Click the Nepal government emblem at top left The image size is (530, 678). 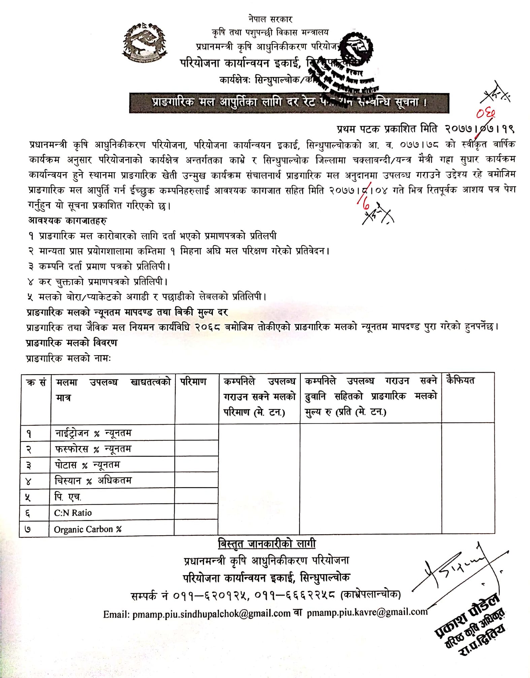pyautogui.click(x=145, y=42)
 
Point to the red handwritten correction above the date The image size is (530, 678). pyautogui.click(x=485, y=115)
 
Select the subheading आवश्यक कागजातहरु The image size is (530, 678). pyautogui.click(x=67, y=221)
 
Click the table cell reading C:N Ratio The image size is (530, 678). pyautogui.click(x=73, y=512)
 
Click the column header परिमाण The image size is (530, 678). pyautogui.click(x=193, y=382)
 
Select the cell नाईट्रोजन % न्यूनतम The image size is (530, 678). pyautogui.click(x=93, y=433)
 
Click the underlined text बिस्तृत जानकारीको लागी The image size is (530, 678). pyautogui.click(x=267, y=543)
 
